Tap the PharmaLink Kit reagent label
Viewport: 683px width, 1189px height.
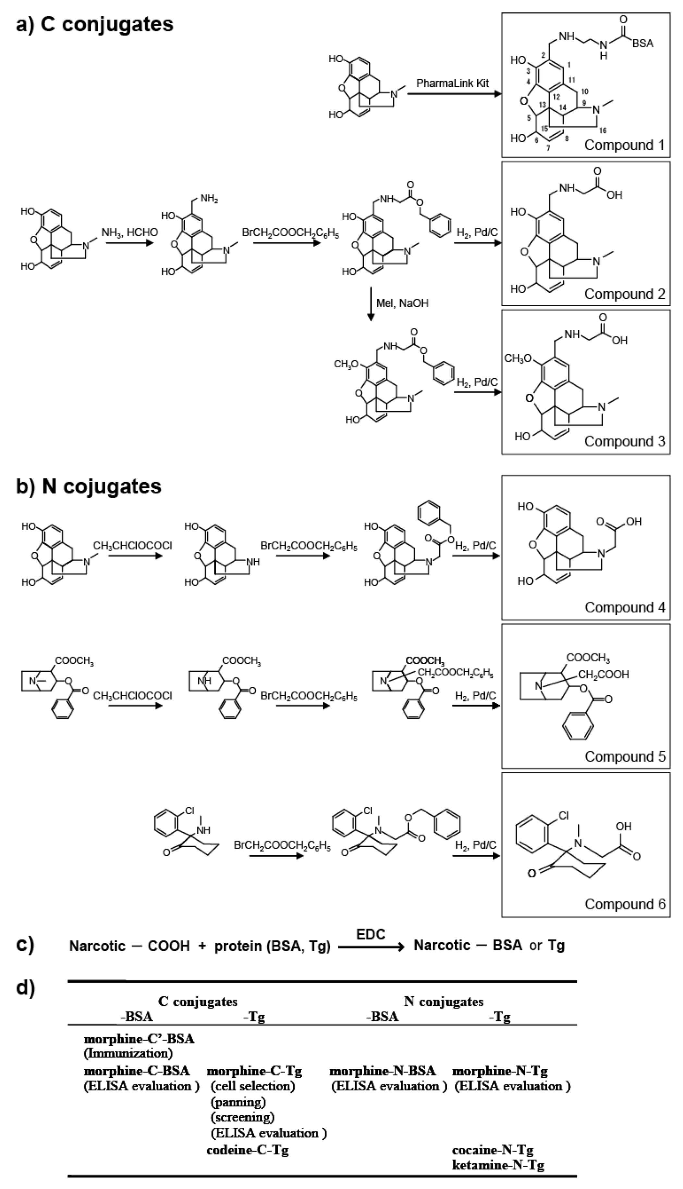(452, 83)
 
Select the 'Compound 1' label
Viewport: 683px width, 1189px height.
(624, 145)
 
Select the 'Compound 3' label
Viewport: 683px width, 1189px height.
(624, 441)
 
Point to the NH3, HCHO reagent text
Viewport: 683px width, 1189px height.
(129, 232)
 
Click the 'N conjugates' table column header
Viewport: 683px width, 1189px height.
(443, 1001)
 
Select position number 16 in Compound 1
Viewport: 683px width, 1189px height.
(603, 130)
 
